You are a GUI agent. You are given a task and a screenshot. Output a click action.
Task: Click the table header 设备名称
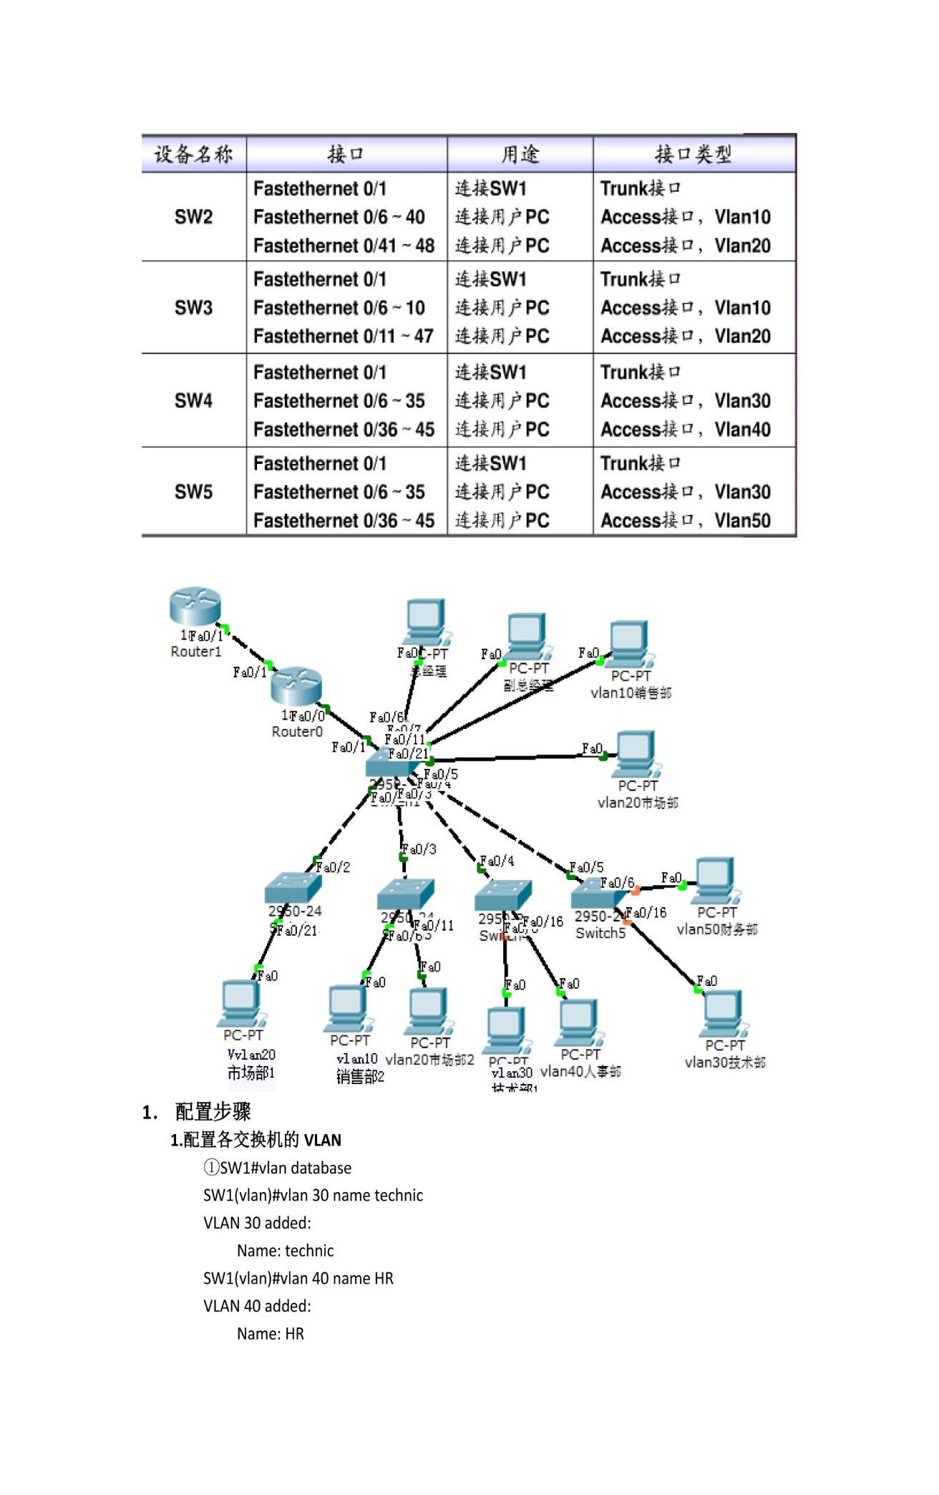coord(193,154)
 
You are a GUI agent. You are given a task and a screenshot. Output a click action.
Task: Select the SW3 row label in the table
coord(193,308)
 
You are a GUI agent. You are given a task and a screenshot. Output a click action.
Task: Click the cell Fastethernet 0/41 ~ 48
coord(344,246)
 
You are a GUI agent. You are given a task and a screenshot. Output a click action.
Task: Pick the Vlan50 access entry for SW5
coord(685,521)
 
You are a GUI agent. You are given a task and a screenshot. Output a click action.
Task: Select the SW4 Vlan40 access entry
coord(685,430)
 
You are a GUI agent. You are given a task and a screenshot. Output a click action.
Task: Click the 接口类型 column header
coord(693,154)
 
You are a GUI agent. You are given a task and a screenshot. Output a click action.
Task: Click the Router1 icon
coord(195,606)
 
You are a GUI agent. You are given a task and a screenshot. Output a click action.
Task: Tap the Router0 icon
coord(296,687)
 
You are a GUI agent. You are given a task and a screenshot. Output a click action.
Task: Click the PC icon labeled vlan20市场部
coord(636,753)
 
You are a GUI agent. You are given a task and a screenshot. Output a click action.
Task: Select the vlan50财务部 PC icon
coord(716,879)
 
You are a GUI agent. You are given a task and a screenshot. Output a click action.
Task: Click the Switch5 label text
coord(600,934)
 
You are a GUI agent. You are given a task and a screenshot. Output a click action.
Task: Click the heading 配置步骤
coord(213,1112)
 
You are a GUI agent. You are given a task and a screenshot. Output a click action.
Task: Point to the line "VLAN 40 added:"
coord(257,1306)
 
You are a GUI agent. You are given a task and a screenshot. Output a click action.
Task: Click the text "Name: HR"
coord(270,1334)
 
